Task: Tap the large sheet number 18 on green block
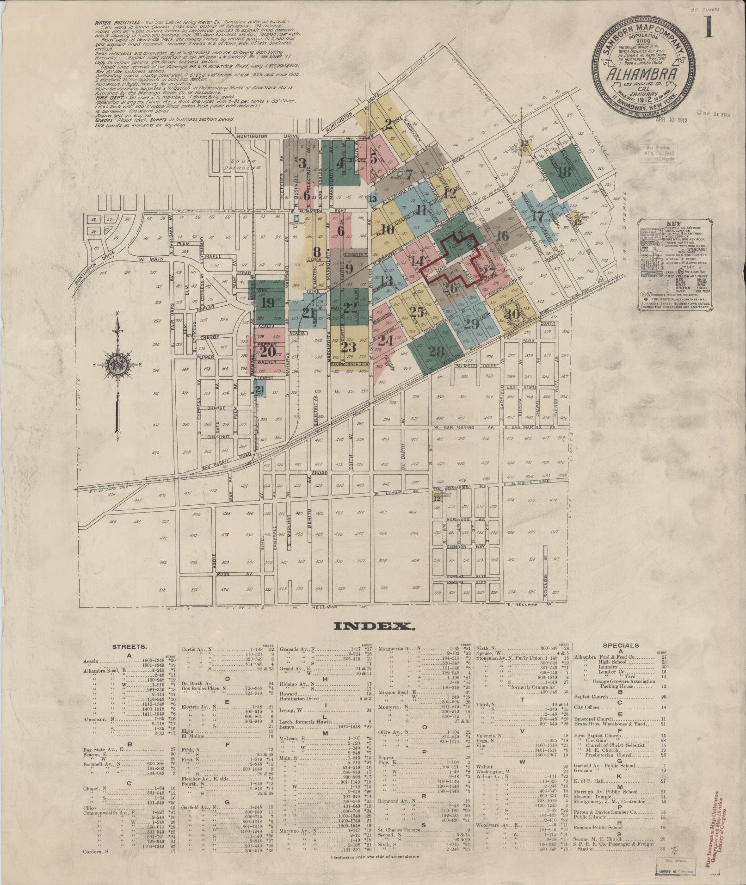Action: (564, 172)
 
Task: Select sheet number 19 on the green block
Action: (267, 303)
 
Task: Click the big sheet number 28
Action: (436, 352)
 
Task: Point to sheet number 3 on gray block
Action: (302, 163)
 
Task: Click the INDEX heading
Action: (373, 627)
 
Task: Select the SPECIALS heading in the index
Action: (621, 645)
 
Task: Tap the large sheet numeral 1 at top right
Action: (709, 27)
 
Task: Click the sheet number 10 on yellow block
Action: (388, 229)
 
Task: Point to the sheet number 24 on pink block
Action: (385, 341)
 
